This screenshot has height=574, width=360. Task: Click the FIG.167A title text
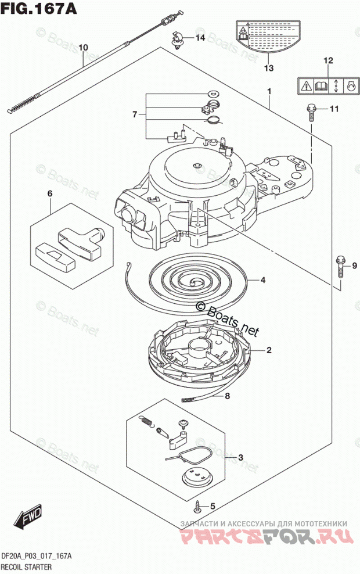pos(38,9)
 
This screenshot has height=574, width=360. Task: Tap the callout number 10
pos(83,47)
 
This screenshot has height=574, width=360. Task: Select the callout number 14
pos(200,38)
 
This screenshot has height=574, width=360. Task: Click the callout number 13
pos(268,68)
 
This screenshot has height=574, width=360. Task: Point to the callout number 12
pos(328,60)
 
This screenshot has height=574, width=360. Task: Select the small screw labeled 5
pos(199,506)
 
